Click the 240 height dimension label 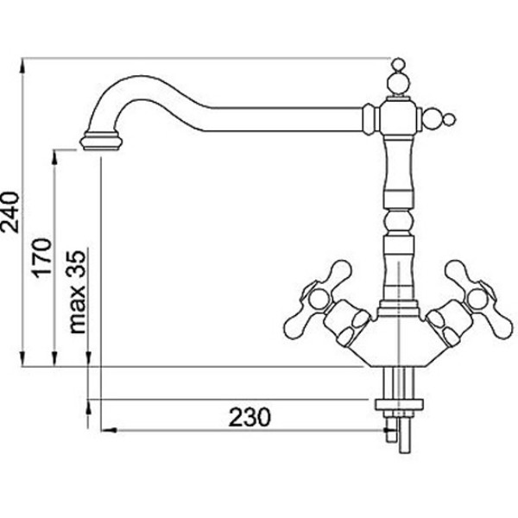9,212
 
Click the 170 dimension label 41,257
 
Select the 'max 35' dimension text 77,292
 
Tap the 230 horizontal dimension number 250,417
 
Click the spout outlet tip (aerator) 101,142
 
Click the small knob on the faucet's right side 449,120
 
